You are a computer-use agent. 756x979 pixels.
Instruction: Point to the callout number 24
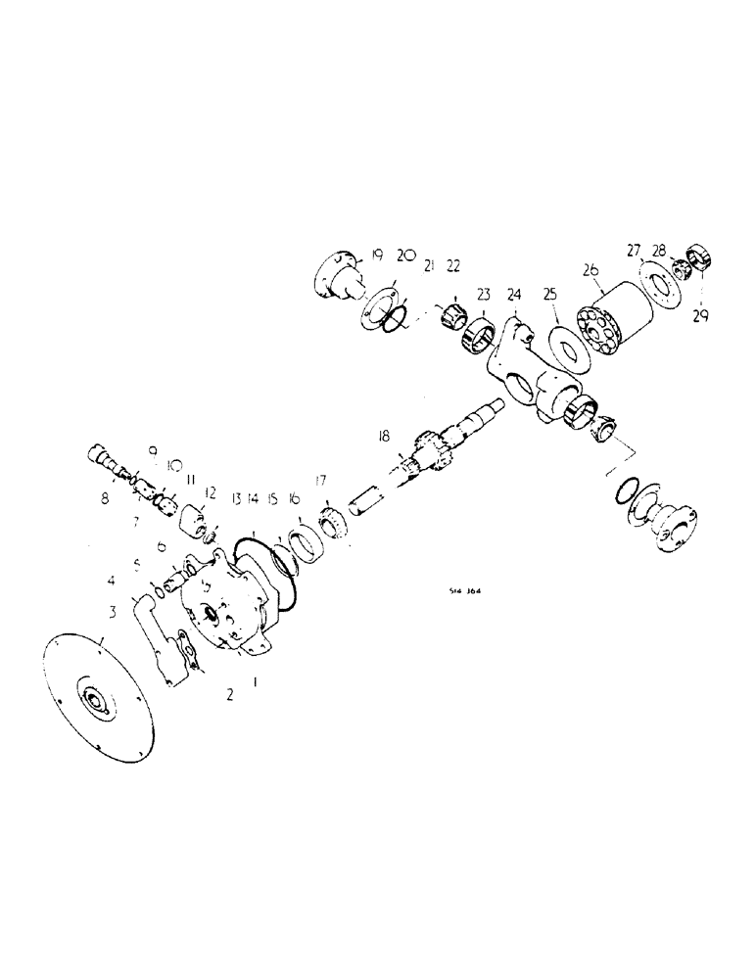(514, 293)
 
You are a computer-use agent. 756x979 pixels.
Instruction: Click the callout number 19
(377, 256)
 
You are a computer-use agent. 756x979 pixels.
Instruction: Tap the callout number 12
(210, 492)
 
